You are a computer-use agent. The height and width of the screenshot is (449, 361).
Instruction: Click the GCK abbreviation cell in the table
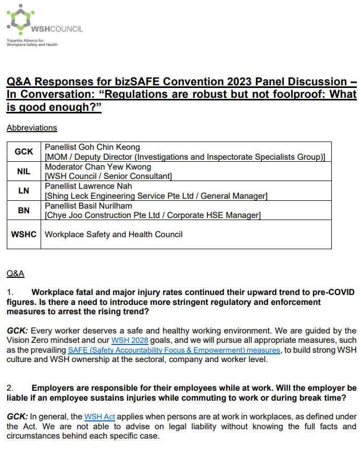23,151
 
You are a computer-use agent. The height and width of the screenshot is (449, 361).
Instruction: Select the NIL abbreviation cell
23,171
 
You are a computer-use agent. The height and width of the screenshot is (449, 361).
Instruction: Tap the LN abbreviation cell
23,190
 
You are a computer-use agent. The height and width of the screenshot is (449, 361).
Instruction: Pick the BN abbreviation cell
23,210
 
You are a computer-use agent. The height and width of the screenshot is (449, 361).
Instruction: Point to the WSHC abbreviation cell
23,234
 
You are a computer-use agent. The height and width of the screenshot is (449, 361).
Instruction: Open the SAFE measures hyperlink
175,350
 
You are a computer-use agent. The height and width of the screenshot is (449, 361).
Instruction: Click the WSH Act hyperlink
99,416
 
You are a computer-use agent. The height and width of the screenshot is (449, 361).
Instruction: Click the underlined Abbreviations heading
32,127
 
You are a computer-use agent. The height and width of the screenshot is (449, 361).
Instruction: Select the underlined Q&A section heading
15,273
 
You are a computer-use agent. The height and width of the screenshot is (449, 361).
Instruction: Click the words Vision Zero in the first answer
29,340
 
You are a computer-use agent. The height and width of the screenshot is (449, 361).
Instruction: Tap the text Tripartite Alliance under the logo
26,40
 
